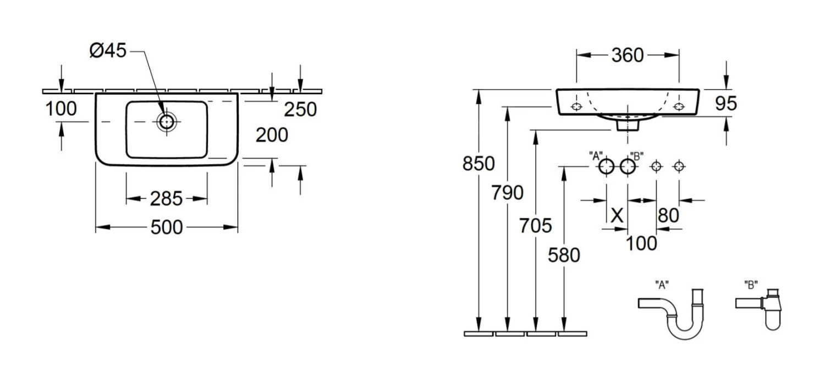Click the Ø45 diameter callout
(x=108, y=51)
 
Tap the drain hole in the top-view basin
(x=166, y=121)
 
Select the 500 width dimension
(x=167, y=227)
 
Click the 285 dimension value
(x=166, y=199)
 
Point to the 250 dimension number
(x=300, y=110)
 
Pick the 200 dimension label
(x=272, y=134)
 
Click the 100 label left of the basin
(x=61, y=109)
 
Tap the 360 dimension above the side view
(x=627, y=55)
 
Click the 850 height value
(x=479, y=164)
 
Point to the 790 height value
(x=507, y=193)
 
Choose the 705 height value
(x=535, y=225)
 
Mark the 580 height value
(x=564, y=255)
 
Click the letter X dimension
(x=618, y=215)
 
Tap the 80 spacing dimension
(x=668, y=215)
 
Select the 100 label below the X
(x=641, y=243)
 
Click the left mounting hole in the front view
(x=576, y=106)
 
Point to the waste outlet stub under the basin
(x=627, y=125)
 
